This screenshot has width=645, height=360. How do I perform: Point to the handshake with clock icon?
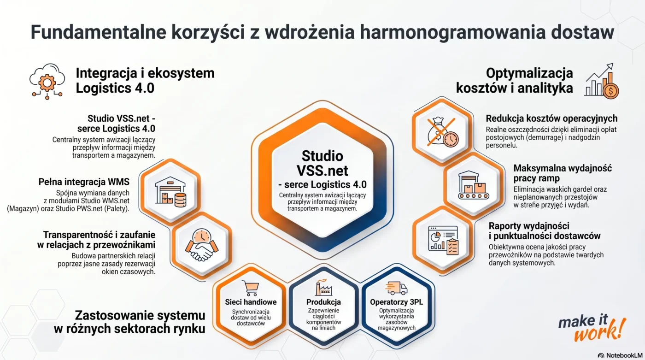tap(201, 245)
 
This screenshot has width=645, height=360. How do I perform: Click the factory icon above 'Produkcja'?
tap(323, 288)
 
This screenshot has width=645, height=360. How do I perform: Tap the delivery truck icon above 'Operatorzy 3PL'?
tap(397, 288)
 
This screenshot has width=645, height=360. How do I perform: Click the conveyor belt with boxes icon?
tap(472, 185)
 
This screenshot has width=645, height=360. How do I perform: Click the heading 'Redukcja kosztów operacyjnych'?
tap(551, 118)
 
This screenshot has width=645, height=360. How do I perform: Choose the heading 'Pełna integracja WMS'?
tap(84, 182)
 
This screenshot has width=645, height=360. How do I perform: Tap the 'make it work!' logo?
tap(592, 328)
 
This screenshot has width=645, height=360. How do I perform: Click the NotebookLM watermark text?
tap(622, 355)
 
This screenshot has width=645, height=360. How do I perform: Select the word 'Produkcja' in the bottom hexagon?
tap(323, 302)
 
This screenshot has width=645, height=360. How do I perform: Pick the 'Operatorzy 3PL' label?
tap(397, 302)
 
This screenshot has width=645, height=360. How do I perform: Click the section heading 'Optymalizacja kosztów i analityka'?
tap(514, 80)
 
